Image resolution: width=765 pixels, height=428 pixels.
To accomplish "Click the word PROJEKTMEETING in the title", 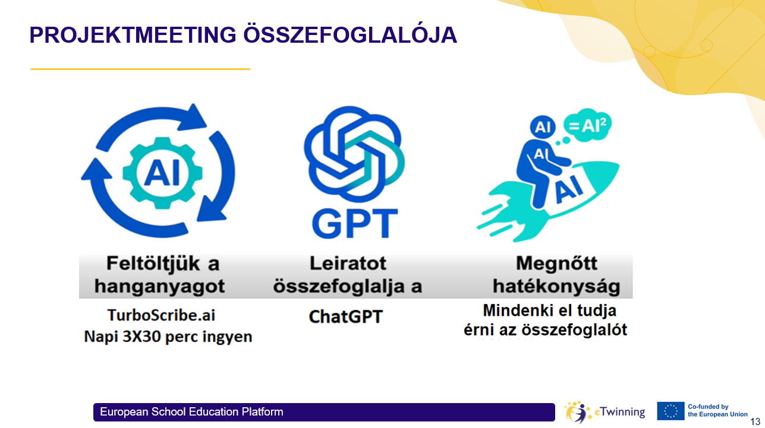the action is tap(133, 35).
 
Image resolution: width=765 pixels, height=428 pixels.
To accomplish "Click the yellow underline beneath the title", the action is tap(140, 69).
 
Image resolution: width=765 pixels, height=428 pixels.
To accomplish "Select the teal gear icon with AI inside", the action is tap(162, 173).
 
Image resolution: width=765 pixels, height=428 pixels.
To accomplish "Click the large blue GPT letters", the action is tap(355, 223).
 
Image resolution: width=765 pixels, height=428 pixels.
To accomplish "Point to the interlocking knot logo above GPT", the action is tap(354, 154).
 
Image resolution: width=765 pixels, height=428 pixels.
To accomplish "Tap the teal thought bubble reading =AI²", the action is tap(587, 125).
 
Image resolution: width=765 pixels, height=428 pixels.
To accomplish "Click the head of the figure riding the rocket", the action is tap(542, 127).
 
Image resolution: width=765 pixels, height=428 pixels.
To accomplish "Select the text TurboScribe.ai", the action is tap(161, 315).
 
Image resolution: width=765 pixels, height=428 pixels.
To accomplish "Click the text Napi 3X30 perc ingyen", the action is tap(168, 337).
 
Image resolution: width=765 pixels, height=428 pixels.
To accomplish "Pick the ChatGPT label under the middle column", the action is tap(345, 316).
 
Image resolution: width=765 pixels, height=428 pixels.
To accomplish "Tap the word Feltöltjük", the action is tap(153, 264).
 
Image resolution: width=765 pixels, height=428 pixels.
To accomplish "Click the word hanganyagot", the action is tap(159, 286).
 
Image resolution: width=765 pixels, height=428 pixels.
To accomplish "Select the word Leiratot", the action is tap(348, 264).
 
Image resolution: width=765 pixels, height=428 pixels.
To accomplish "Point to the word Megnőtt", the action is tap(557, 264).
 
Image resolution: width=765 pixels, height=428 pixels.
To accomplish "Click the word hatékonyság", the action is tap(556, 286).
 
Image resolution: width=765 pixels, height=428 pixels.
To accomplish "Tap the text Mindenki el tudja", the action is tap(549, 310).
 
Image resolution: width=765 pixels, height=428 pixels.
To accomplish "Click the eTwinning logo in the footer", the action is tap(605, 412).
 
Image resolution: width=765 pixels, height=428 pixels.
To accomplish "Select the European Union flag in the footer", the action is tap(670, 411).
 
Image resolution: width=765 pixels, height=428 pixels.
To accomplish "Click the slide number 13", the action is tap(755, 421).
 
